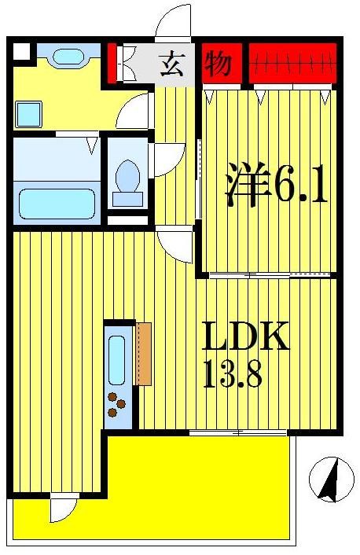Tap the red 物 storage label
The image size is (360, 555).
point(219,63)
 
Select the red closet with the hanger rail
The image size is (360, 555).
point(293,62)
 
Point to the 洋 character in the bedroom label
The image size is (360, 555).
point(244,186)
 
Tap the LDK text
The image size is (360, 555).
point(247,337)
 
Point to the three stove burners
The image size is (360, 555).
point(117,404)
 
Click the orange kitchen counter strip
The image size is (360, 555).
point(143,353)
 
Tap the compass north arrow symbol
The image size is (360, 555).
point(329,479)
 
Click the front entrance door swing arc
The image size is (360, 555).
point(174,24)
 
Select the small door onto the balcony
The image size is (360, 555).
point(62,509)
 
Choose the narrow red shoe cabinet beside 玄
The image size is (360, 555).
point(112,63)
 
